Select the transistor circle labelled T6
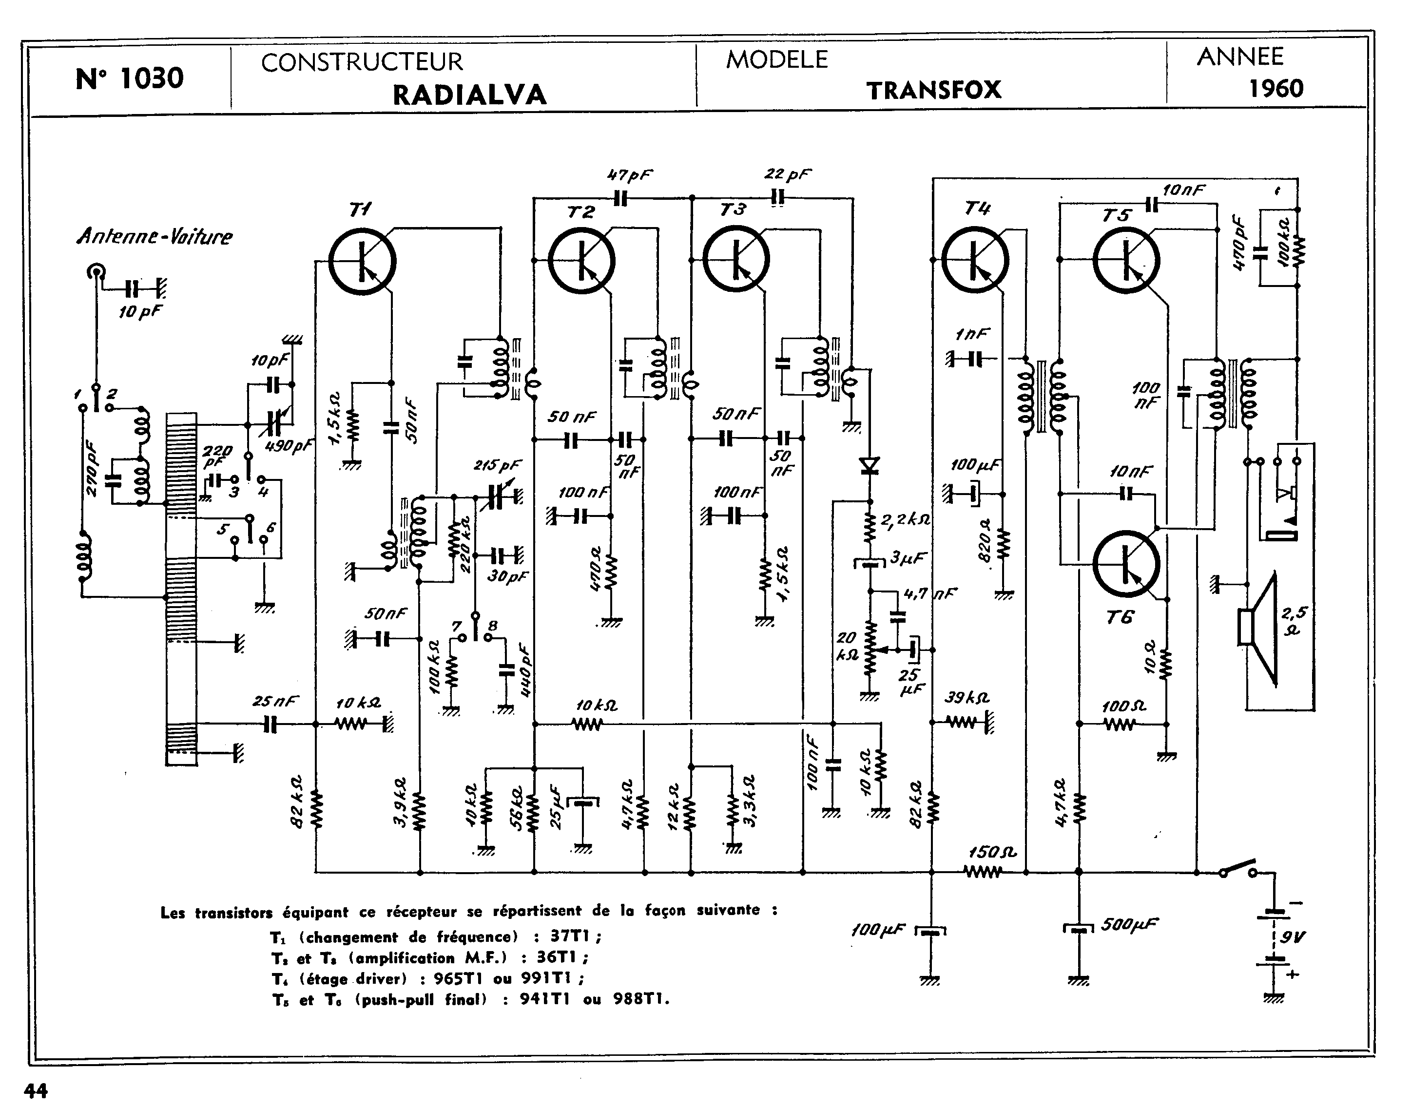coord(1126,564)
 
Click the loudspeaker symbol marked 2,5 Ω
coord(1258,628)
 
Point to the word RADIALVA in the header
coord(469,95)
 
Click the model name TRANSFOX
coord(934,90)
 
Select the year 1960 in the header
coord(1276,88)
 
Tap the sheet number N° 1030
coord(130,78)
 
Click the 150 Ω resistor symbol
coord(983,872)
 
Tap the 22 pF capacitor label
coord(787,173)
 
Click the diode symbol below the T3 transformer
coord(869,465)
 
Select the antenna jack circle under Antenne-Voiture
coord(96,273)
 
